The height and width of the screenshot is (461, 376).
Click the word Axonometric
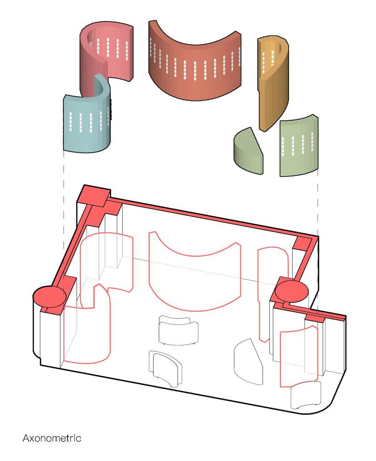(x=52, y=438)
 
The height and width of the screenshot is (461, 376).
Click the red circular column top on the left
(x=50, y=296)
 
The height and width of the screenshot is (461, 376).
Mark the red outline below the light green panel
(x=281, y=359)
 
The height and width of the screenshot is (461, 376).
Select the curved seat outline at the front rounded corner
(x=305, y=395)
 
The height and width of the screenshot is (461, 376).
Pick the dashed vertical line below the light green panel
(x=318, y=203)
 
